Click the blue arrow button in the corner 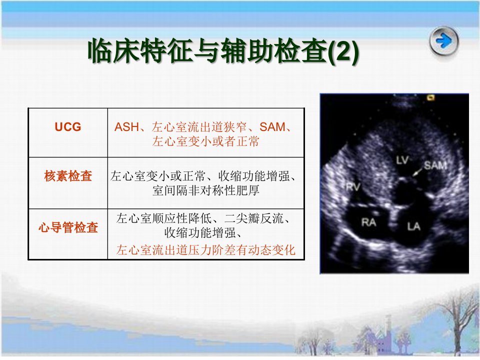pos(443,40)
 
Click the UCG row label pos(68,126)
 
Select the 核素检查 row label pos(68,176)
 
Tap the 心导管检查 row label pos(68,227)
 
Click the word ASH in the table pos(126,127)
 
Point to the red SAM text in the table pos(272,127)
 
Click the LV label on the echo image pos(402,160)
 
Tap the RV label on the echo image pos(353,186)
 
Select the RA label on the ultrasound pos(368,222)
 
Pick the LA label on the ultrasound pos(413,226)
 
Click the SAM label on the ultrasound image pos(435,165)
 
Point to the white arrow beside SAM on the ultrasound pos(417,171)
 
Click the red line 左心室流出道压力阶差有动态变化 pos(205,250)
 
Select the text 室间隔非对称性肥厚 pos(205,190)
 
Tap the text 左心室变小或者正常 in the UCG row pos(205,141)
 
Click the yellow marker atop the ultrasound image pos(431,98)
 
